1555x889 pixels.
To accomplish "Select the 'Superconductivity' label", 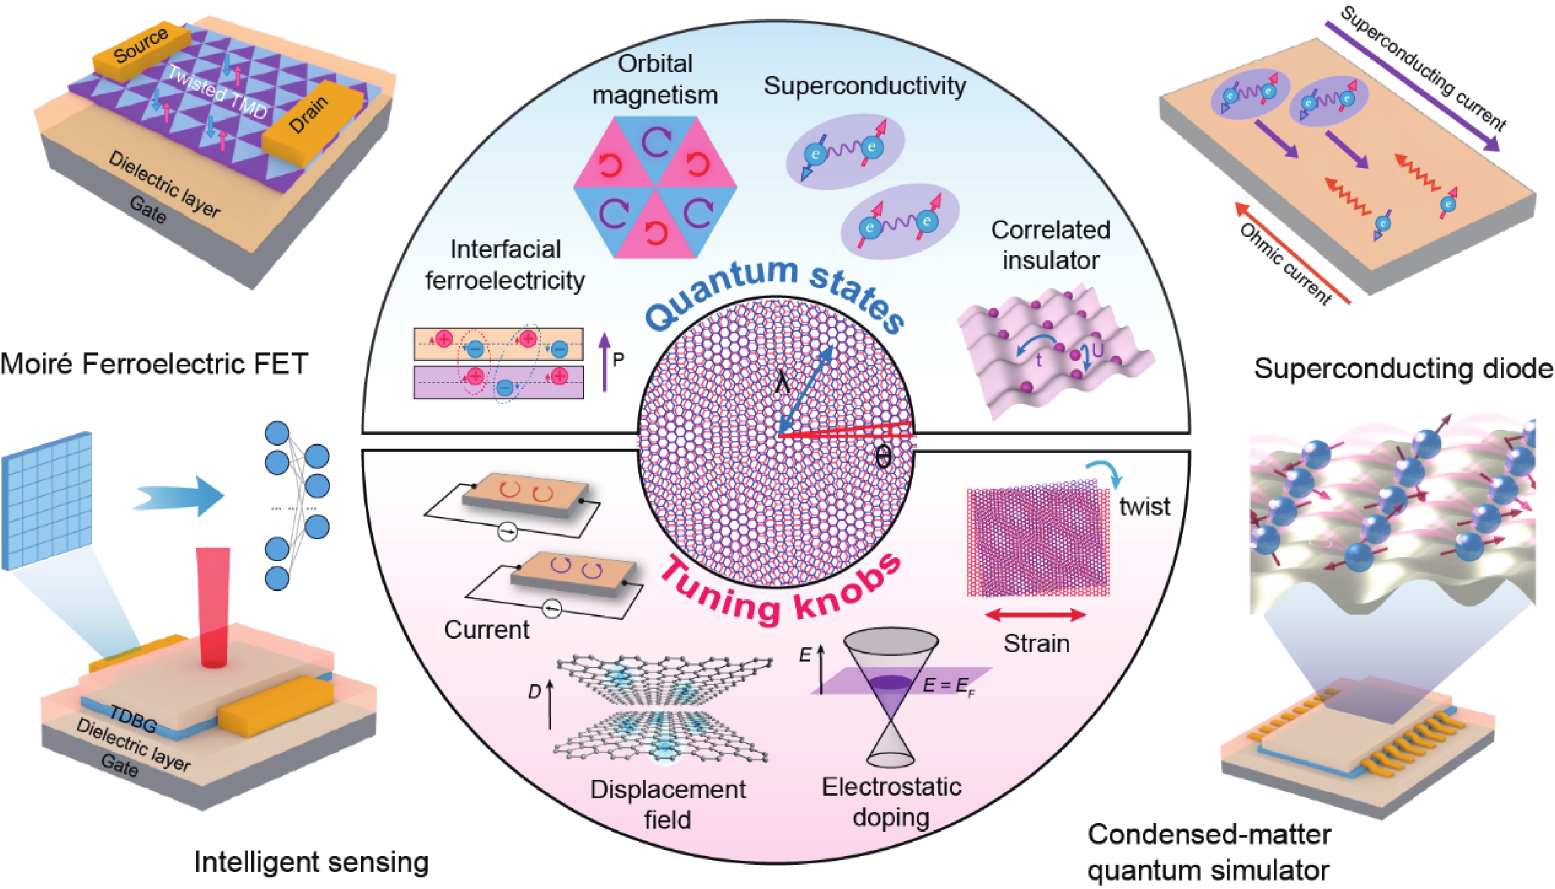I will (x=864, y=85).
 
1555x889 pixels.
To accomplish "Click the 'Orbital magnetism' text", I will (x=655, y=79).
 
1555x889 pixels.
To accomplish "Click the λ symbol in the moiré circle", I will (x=783, y=384).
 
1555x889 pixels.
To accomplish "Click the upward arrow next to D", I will (x=550, y=705).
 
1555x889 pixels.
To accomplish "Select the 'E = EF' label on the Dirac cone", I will (x=948, y=686).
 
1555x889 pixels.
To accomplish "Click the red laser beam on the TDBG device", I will (x=213, y=605).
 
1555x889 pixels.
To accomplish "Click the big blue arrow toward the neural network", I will (x=180, y=495).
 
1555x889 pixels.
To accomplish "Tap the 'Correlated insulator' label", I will (x=1050, y=245).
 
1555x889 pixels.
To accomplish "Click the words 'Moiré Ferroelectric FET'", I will (x=154, y=364).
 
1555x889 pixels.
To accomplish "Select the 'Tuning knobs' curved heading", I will (x=781, y=595).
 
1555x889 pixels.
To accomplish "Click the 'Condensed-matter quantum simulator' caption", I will (x=1209, y=852).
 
